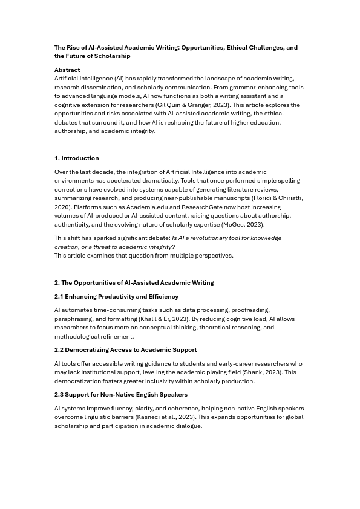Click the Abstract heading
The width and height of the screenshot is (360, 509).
pyautogui.click(x=67, y=70)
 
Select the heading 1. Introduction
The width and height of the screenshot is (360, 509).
pyautogui.click(x=76, y=158)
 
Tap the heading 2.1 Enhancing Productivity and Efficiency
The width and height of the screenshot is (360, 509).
pyautogui.click(x=116, y=296)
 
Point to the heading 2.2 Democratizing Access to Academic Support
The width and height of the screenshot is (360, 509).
pyautogui.click(x=125, y=349)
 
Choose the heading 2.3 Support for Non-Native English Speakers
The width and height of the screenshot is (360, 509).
pyautogui.click(x=121, y=394)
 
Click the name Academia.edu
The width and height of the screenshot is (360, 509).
pyautogui.click(x=147, y=207)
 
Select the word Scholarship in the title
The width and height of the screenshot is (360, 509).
pyautogui.click(x=110, y=56)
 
